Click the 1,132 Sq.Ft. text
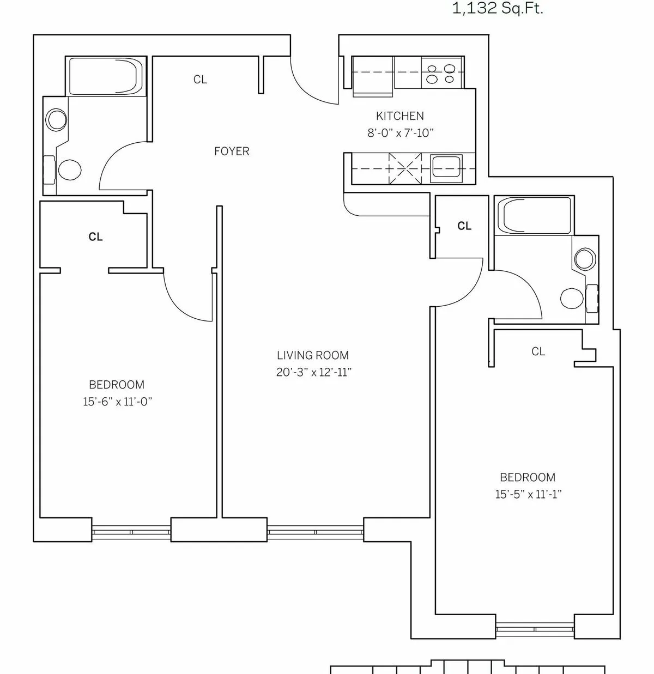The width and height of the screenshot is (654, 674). click(x=498, y=9)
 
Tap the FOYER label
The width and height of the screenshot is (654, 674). click(x=232, y=151)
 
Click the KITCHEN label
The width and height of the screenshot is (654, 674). click(x=399, y=116)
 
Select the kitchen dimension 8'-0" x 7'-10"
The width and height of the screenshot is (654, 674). click(x=400, y=132)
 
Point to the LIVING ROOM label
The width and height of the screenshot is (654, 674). click(x=312, y=356)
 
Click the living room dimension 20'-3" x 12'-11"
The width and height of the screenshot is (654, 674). click(x=313, y=373)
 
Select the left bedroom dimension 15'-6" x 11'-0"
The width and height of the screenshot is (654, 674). click(x=117, y=402)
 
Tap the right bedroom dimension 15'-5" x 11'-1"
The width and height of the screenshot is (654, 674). click(x=528, y=495)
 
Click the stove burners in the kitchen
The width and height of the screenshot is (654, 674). click(x=441, y=74)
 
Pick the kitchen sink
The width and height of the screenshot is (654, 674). click(x=446, y=167)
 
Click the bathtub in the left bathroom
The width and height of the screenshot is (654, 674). click(x=106, y=76)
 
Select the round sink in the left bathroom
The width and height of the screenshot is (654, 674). click(x=56, y=119)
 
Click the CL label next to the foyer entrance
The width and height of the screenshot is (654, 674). click(x=200, y=80)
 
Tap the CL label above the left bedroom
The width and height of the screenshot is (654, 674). click(x=95, y=237)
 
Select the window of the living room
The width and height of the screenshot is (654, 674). click(x=315, y=530)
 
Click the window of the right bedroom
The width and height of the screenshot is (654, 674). click(x=535, y=628)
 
